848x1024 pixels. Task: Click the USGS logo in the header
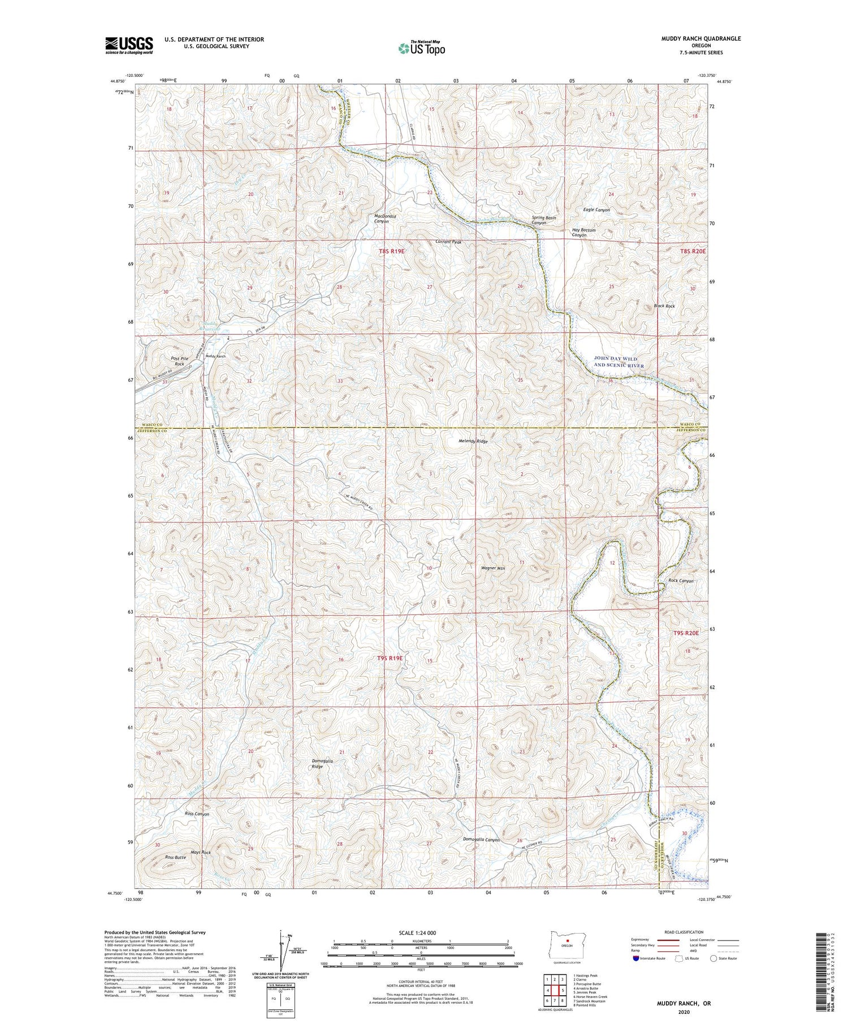(x=129, y=45)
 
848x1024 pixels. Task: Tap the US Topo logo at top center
(x=421, y=48)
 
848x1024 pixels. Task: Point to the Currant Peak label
(x=448, y=242)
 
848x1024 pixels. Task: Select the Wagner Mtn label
(x=492, y=568)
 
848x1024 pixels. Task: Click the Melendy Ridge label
(x=473, y=441)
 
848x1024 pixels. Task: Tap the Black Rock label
(x=664, y=306)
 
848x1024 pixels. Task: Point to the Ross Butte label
(x=175, y=857)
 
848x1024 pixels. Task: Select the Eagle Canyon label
(x=596, y=210)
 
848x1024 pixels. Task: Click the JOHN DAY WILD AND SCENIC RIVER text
(x=618, y=362)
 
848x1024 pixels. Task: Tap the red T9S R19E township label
(x=390, y=658)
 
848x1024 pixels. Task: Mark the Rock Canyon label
(x=681, y=581)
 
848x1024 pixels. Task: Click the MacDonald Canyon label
(x=385, y=219)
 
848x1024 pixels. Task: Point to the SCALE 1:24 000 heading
(x=421, y=933)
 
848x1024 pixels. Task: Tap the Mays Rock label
(x=201, y=852)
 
